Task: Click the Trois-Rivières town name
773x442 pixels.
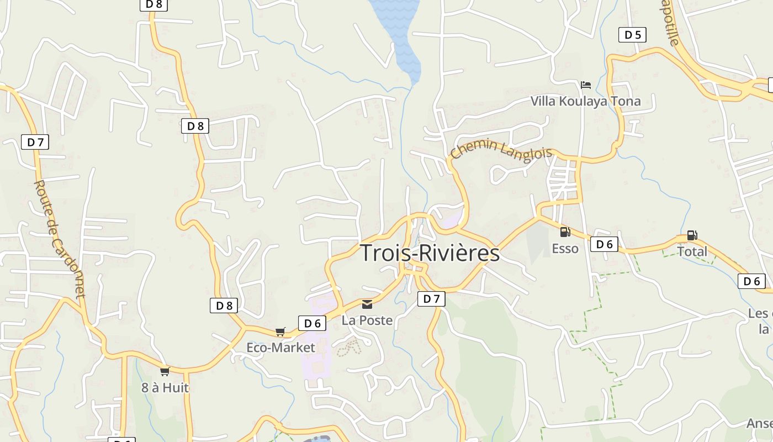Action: [x=430, y=253]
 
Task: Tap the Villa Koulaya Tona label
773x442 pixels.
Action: [x=585, y=101]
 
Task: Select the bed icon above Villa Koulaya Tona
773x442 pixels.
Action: [x=586, y=85]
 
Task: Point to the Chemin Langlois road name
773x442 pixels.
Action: [x=501, y=150]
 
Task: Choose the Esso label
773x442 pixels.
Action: [x=565, y=249]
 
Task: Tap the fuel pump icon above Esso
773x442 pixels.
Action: [x=565, y=232]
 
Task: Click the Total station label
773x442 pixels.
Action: [x=692, y=251]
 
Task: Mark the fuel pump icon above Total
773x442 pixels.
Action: [x=692, y=235]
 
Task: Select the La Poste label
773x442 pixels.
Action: [x=367, y=320]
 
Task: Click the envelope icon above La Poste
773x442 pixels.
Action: [x=367, y=304]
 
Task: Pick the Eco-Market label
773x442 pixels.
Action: [x=280, y=348]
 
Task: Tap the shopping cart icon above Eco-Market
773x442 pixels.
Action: [x=280, y=331]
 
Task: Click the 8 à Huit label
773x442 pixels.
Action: [x=165, y=388]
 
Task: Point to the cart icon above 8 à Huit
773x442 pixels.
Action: [x=165, y=371]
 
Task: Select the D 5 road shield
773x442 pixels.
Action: [x=632, y=35]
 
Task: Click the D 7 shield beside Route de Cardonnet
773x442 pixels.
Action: [x=35, y=142]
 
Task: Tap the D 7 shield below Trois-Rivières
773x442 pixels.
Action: [x=431, y=299]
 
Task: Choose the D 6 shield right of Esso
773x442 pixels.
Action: [x=604, y=244]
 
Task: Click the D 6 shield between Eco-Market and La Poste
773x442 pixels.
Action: [x=312, y=323]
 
